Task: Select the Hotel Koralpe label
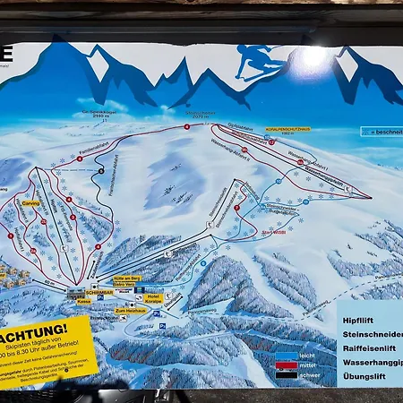[x=153, y=297]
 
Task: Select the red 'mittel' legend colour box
[x=286, y=364]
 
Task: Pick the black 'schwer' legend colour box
[x=286, y=374]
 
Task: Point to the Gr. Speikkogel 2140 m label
[x=95, y=115]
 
